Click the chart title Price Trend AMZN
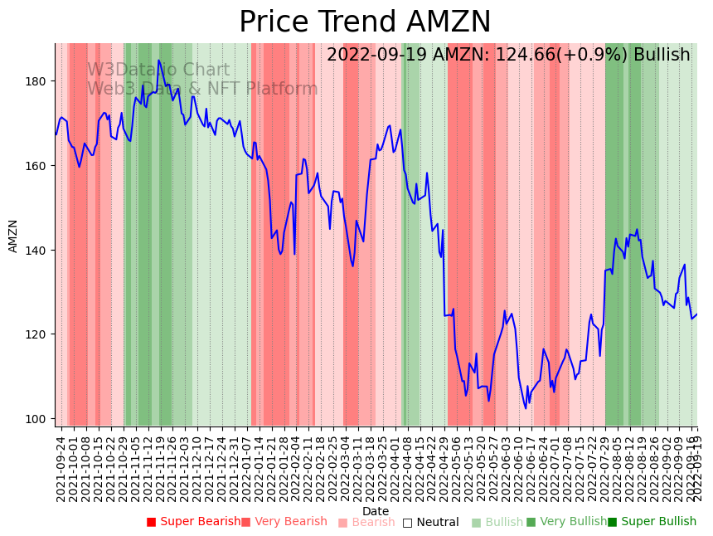click(x=365, y=22)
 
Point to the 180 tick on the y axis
click(x=39, y=81)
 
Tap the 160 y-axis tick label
click(x=39, y=166)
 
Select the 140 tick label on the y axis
click(x=39, y=250)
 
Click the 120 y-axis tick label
click(x=39, y=334)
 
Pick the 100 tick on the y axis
click(x=39, y=419)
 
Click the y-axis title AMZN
click(x=13, y=236)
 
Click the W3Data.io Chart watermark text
click(x=158, y=70)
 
